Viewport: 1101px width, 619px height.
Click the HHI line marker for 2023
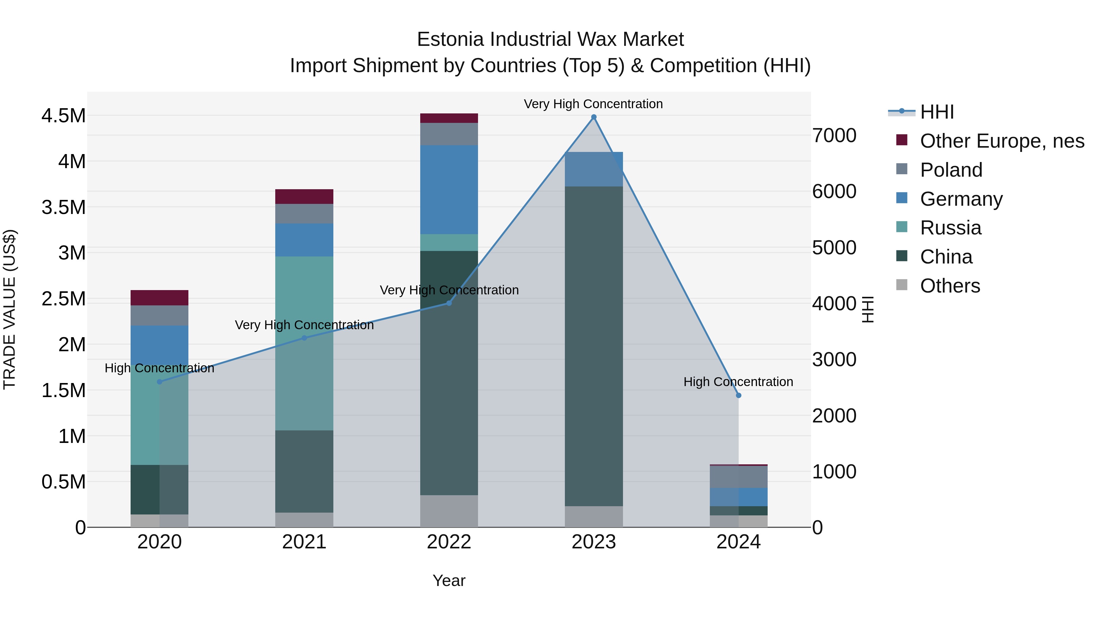(594, 117)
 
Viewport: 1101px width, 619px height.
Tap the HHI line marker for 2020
(159, 382)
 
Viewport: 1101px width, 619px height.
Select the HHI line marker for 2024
(739, 396)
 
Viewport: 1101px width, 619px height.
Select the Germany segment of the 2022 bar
(449, 190)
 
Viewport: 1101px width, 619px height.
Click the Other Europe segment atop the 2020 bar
(159, 298)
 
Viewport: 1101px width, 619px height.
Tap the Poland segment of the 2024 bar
(739, 477)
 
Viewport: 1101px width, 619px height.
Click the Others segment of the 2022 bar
(449, 511)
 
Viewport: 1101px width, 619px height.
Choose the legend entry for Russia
(950, 228)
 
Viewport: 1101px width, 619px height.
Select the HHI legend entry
(936, 112)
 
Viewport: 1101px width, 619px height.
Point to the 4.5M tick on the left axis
(63, 116)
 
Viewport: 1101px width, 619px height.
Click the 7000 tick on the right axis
(834, 135)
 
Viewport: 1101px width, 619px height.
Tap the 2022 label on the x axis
(449, 542)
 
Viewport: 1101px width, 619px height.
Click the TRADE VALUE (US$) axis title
(9, 309)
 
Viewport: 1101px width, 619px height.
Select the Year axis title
(449, 580)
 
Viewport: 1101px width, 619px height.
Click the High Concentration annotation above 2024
(738, 382)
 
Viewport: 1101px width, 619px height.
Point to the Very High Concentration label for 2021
(304, 325)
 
